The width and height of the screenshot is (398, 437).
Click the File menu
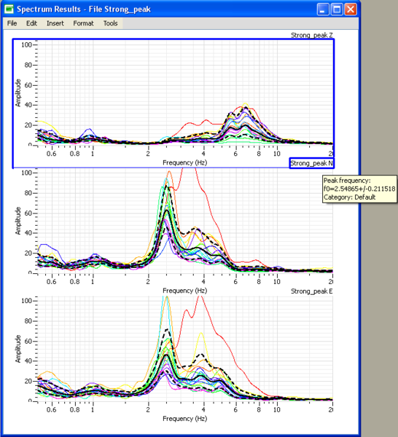coord(12,23)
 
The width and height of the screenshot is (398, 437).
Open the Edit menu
coord(31,23)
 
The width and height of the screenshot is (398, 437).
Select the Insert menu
coord(55,23)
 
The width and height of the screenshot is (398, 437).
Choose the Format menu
coord(83,23)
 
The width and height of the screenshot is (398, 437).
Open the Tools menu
coord(110,23)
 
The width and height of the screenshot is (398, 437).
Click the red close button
coord(351,9)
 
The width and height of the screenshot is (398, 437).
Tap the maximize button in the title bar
coord(337,9)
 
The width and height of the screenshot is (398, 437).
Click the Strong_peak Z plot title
coord(311,34)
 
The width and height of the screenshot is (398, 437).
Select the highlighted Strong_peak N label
coord(311,163)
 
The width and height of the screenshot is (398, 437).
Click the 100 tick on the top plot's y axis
coord(26,44)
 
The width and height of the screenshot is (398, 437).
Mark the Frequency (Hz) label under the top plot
coord(185,162)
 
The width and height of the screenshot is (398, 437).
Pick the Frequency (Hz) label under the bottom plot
coord(185,419)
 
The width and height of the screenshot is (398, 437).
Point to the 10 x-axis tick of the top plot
coord(276,154)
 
